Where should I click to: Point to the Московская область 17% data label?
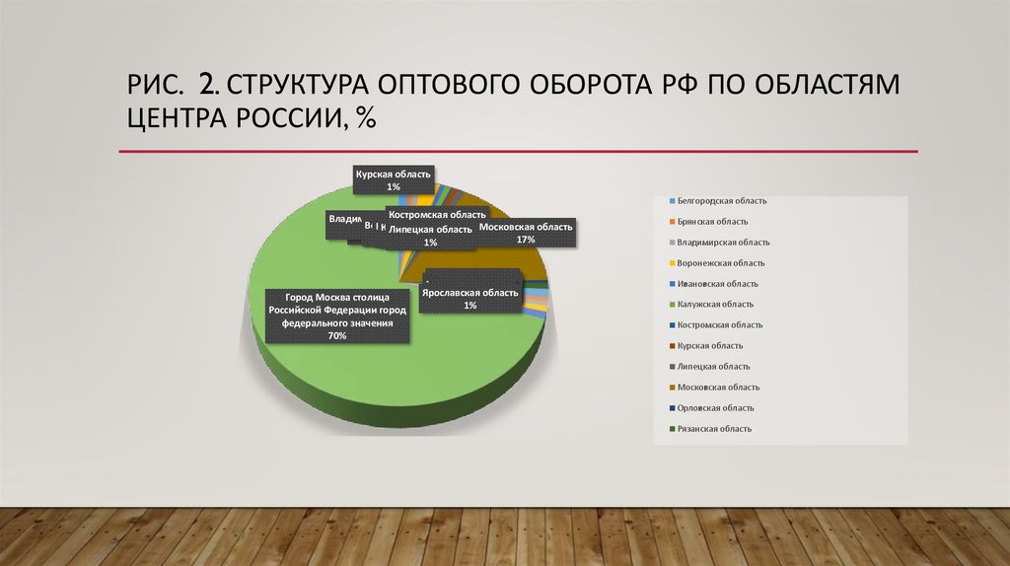tap(525, 233)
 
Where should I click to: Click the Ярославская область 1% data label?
tap(469, 299)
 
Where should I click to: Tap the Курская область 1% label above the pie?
tap(394, 179)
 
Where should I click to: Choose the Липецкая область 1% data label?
tap(430, 236)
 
